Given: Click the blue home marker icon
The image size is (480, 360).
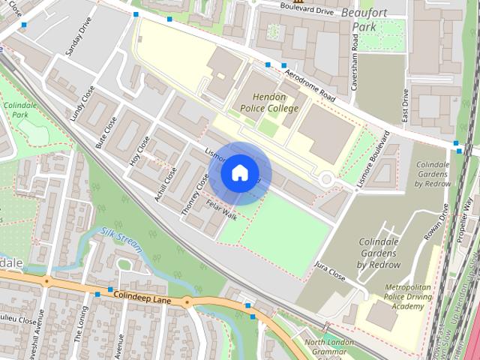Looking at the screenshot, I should pyautogui.click(x=238, y=173).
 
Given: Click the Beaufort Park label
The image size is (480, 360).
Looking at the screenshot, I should pyautogui.click(x=367, y=19).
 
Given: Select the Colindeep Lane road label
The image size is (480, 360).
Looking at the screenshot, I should pyautogui.click(x=143, y=298).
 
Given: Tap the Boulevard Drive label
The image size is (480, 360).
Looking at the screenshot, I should pyautogui.click(x=307, y=10).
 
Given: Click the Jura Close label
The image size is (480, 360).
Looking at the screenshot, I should pyautogui.click(x=330, y=271).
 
